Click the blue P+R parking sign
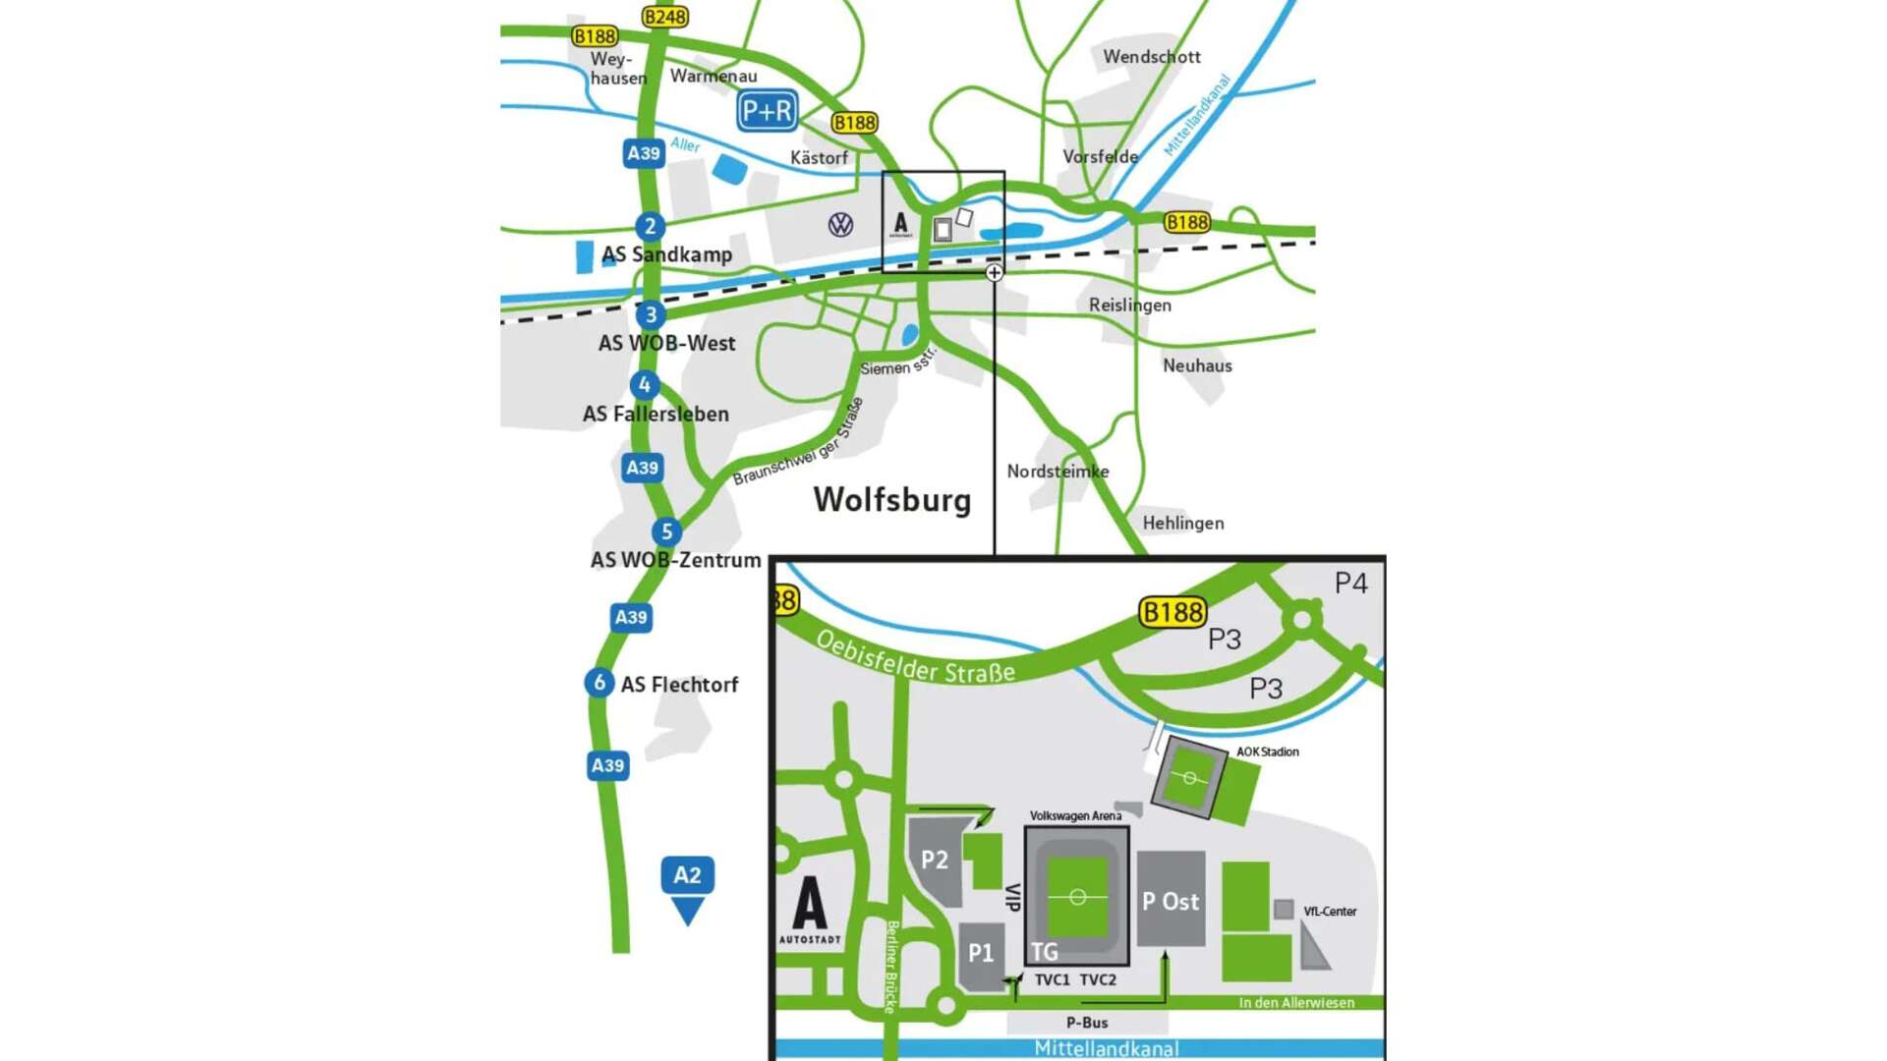[767, 112]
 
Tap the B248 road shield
[665, 17]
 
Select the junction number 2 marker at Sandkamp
[650, 226]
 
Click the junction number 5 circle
[666, 531]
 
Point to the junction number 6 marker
[599, 682]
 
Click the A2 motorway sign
[687, 875]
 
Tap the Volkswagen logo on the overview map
[840, 225]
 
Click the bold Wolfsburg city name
[891, 499]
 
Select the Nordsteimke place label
[1058, 472]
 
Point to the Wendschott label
[1151, 57]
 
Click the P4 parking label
[1350, 584]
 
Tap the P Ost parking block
[1171, 901]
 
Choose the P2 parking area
[934, 861]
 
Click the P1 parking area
[981, 953]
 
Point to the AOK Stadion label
[1267, 752]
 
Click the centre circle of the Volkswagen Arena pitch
[1077, 897]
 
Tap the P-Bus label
[1087, 1023]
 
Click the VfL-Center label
[1330, 912]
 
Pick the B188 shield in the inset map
[1172, 613]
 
